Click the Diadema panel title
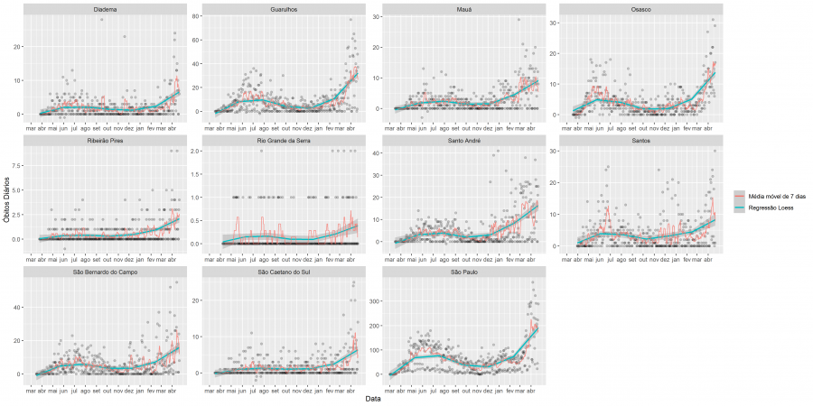104,9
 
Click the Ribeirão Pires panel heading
104,141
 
